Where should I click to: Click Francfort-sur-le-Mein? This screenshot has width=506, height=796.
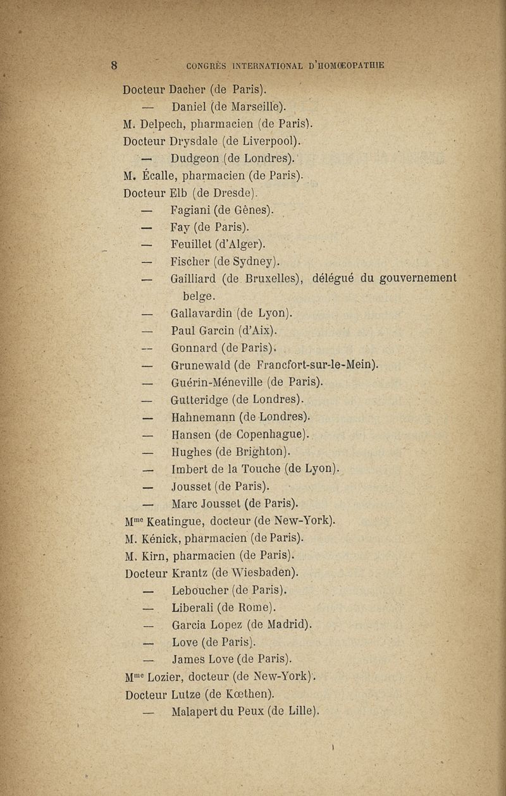click(x=314, y=365)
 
